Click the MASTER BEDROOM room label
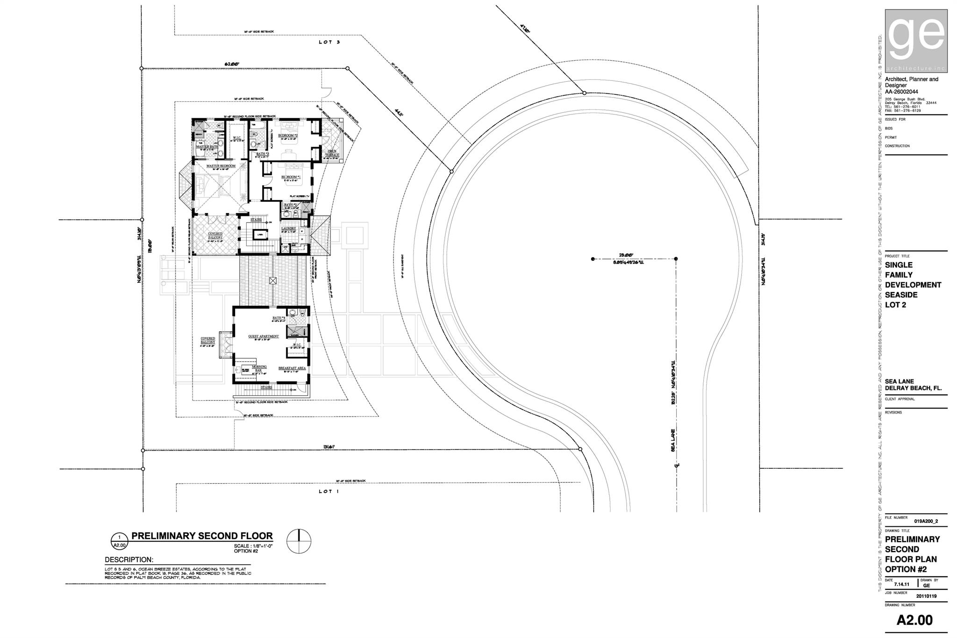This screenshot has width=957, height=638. click(x=221, y=166)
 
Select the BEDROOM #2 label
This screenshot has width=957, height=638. click(x=288, y=135)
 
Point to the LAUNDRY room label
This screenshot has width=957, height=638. click(x=289, y=229)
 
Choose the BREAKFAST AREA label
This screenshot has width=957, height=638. click(x=292, y=368)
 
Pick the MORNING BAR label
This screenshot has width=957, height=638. click(x=259, y=368)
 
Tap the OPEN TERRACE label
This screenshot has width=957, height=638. click(x=332, y=153)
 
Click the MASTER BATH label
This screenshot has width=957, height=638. click(x=207, y=147)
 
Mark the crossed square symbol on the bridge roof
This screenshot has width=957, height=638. click(x=273, y=280)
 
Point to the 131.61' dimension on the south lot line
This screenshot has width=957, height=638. click(x=329, y=447)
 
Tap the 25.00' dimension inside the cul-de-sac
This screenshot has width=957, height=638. click(x=626, y=255)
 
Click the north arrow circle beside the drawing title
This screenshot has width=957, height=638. click(x=299, y=541)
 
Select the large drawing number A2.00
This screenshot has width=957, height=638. click(x=914, y=620)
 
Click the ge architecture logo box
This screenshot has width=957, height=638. click(x=916, y=41)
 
